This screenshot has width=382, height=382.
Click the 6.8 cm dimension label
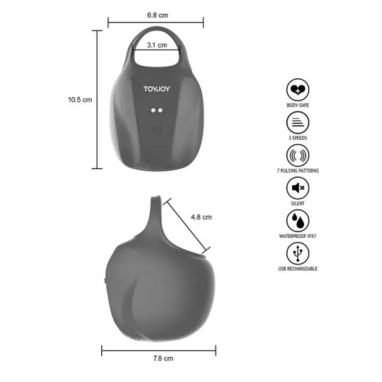click(x=157, y=15)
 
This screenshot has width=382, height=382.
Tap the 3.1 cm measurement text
click(x=157, y=45)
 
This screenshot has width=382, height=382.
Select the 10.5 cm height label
click(x=80, y=100)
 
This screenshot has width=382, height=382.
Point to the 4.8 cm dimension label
click(x=201, y=217)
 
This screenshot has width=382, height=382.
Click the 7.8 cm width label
click(x=163, y=359)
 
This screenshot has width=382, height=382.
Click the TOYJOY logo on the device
click(x=157, y=89)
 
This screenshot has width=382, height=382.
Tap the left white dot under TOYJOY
click(x=153, y=110)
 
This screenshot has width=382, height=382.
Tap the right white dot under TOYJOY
click(x=160, y=110)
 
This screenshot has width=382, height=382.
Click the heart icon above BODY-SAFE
click(x=298, y=90)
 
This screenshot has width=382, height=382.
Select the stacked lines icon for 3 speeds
click(x=298, y=122)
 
